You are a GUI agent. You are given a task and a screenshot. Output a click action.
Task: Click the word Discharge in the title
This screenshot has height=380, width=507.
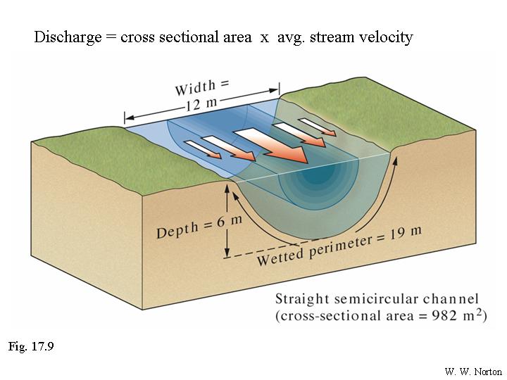pos(67,37)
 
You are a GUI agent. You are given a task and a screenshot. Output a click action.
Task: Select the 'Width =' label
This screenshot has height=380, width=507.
pos(203,87)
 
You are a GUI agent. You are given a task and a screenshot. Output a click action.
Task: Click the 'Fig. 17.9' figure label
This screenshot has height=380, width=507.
pos(31,346)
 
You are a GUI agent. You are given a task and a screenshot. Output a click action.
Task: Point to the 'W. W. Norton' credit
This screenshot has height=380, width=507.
pos(472,371)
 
